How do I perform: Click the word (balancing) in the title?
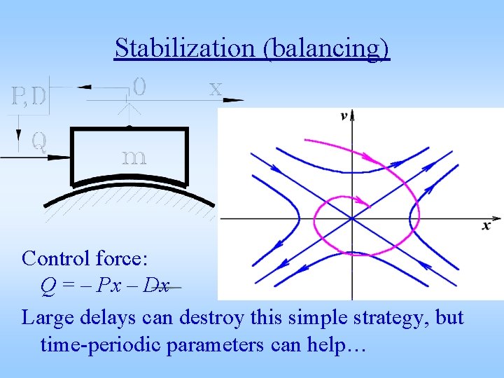(x=328, y=48)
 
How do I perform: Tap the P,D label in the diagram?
(x=29, y=96)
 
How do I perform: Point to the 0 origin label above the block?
(x=139, y=87)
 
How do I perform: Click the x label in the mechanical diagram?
(x=216, y=88)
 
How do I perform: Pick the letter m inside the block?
(x=134, y=157)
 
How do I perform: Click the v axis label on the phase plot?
(x=344, y=116)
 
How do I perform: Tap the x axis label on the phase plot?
(x=486, y=225)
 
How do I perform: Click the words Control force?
(x=85, y=258)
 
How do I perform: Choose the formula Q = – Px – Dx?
(x=105, y=286)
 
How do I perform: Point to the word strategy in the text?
(x=384, y=318)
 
